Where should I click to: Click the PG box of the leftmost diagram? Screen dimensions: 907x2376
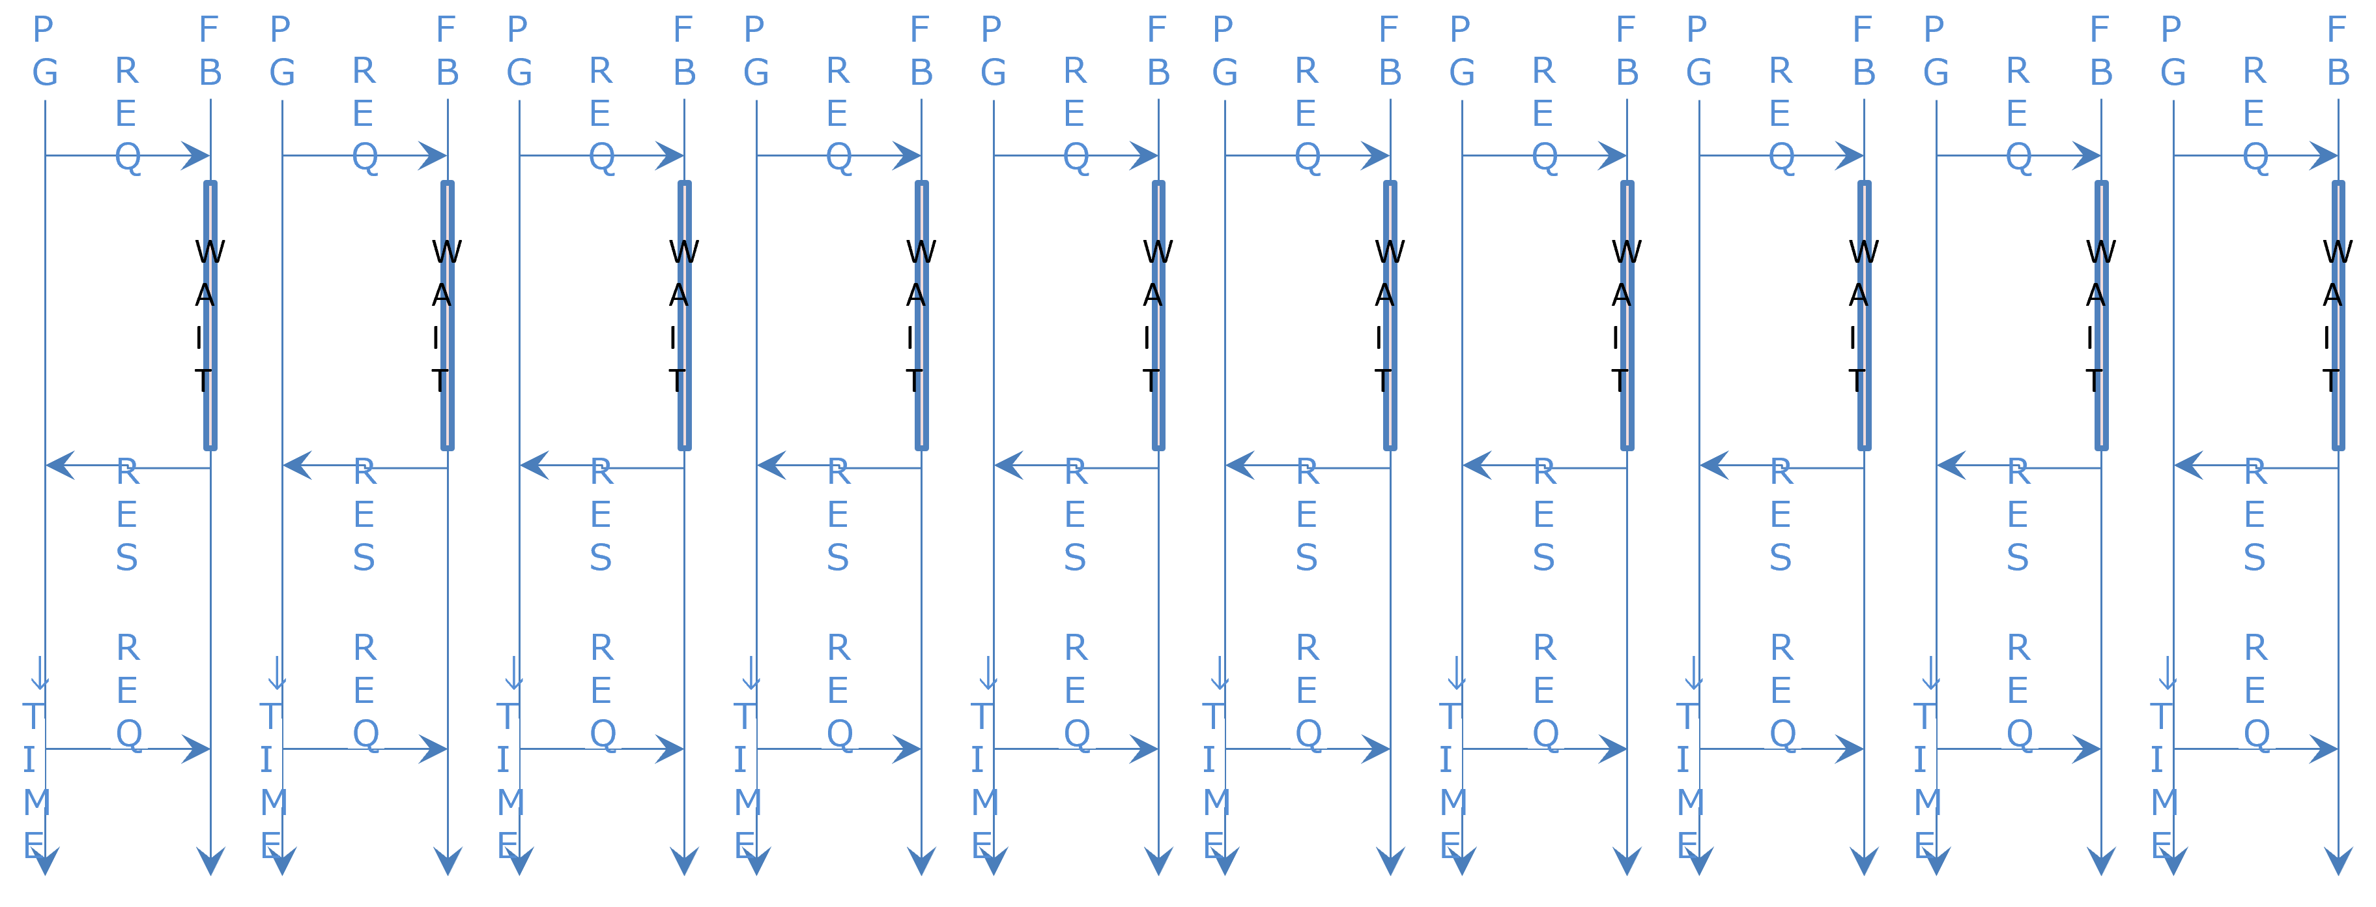point(44,53)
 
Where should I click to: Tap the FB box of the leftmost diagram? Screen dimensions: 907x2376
point(210,53)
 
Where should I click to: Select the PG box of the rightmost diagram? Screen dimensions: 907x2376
point(2173,53)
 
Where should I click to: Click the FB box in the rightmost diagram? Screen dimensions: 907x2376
point(2338,53)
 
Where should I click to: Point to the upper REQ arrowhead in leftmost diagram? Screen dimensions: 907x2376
point(197,155)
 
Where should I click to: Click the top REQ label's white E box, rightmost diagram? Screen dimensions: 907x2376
point(2255,114)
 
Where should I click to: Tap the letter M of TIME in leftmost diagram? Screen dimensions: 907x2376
point(36,802)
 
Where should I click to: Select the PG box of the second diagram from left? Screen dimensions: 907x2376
point(281,53)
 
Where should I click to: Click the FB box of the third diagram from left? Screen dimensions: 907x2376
point(684,53)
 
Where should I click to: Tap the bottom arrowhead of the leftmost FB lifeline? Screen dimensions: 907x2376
point(210,862)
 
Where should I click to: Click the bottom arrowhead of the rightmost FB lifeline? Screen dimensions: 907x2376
point(2338,862)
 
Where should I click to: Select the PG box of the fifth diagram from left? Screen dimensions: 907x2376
point(992,53)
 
